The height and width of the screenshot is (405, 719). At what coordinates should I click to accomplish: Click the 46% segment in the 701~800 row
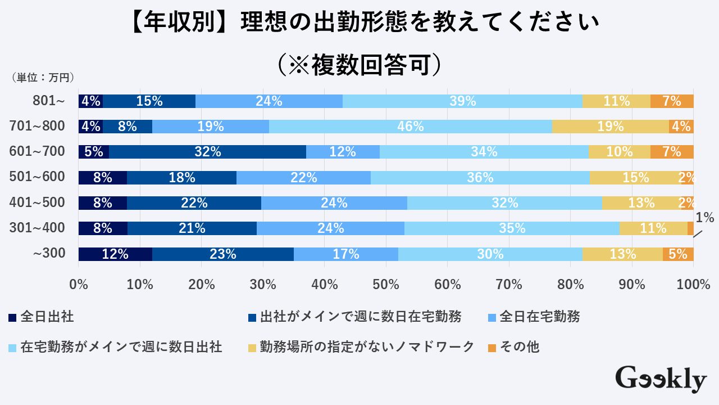tap(410, 127)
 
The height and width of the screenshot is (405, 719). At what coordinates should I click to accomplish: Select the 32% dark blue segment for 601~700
tap(208, 152)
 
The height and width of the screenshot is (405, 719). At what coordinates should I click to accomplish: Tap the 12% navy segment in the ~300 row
tap(115, 254)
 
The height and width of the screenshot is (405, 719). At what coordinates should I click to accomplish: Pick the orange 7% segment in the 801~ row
tap(672, 101)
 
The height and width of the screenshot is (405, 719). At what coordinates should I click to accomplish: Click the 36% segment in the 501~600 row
tap(480, 178)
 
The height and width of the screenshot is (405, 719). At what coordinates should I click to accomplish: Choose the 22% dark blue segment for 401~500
tap(194, 203)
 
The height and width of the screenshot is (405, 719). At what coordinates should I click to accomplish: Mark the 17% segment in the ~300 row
tap(346, 254)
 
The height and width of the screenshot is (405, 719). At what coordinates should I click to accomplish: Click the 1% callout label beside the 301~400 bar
tap(704, 218)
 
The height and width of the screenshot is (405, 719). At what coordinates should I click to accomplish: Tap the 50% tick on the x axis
tap(386, 285)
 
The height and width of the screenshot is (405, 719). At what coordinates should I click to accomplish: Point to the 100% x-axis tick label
tap(693, 285)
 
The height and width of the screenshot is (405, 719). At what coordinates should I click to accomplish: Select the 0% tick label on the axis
tap(79, 285)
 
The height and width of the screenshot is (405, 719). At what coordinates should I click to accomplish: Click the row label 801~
tap(49, 101)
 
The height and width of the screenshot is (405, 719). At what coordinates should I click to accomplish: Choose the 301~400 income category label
tap(38, 228)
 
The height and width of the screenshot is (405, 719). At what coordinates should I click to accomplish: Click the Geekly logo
tap(661, 379)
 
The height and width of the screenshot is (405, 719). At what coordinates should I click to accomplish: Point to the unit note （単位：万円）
tap(43, 78)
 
